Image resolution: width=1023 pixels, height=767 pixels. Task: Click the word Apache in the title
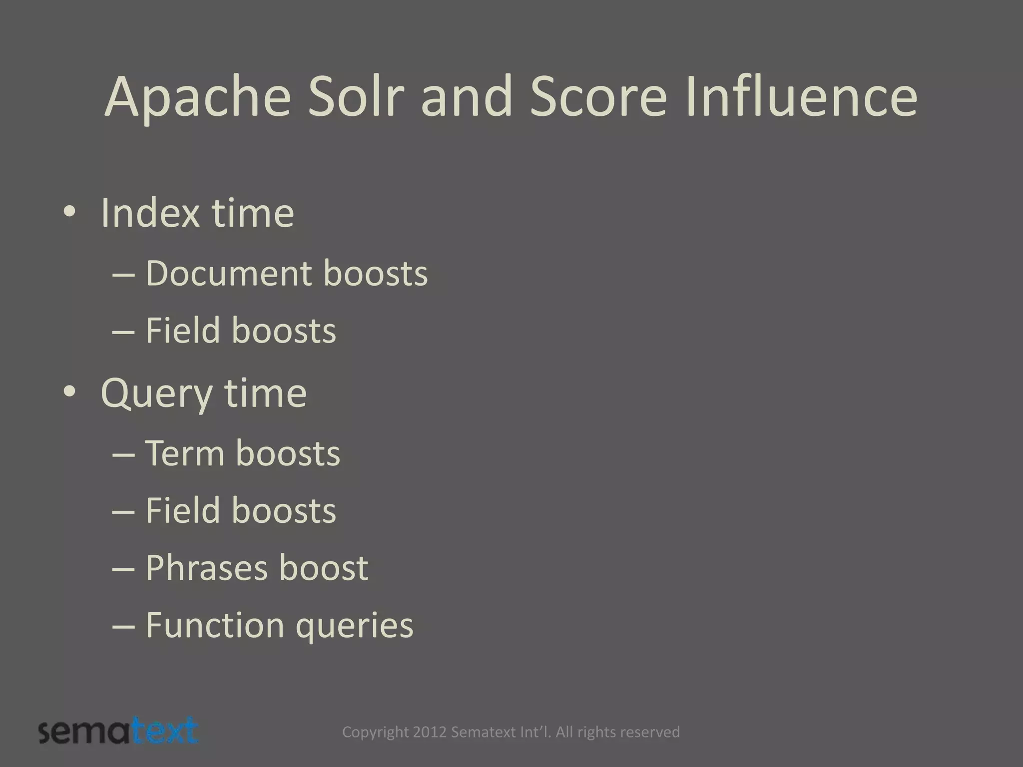198,97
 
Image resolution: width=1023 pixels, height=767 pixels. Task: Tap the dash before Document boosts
124,275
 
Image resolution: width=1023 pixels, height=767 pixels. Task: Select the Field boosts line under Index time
240,331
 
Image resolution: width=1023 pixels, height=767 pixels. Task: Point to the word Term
184,453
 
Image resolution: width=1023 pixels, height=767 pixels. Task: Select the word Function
215,625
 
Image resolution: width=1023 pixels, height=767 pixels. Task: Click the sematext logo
118,731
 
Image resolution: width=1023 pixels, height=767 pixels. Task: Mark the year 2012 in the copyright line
430,732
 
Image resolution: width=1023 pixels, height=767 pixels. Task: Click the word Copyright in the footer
376,733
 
